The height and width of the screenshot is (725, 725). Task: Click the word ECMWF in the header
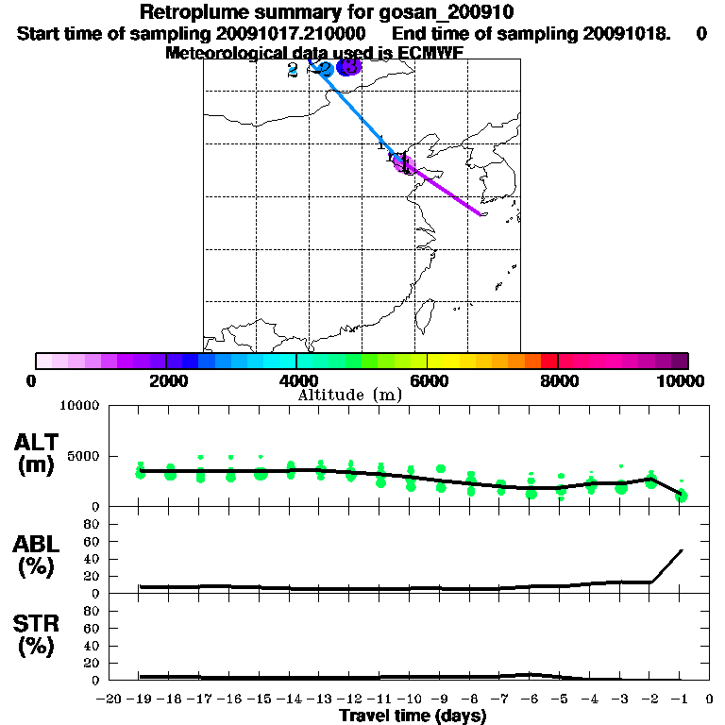430,53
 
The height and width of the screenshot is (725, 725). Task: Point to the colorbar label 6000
428,380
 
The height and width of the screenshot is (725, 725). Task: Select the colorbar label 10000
680,380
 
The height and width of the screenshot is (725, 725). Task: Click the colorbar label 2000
165,380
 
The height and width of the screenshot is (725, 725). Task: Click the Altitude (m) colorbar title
350,395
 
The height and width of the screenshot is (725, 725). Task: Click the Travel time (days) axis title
413,717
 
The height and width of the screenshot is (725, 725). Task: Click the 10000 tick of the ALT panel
80,406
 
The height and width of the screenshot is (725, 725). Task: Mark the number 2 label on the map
293,70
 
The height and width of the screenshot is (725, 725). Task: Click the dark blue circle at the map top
349,67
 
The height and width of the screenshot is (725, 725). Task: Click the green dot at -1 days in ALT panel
682,496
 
